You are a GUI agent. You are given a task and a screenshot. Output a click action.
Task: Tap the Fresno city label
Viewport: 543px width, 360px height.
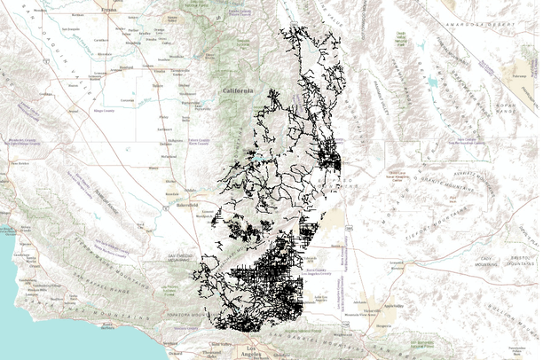point(109,10)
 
